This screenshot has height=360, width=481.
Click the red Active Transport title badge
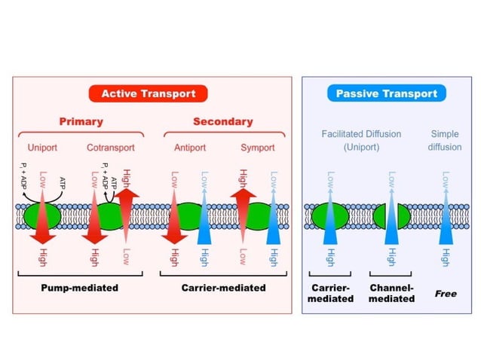[x=149, y=94]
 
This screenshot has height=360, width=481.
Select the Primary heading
[x=81, y=121]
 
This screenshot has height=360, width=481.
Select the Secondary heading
[x=223, y=121]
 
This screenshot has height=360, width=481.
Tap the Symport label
[x=257, y=148]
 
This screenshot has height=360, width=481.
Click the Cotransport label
[x=111, y=148]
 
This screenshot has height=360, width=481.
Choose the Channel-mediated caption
[x=392, y=293]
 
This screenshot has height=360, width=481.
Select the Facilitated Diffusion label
[x=361, y=140]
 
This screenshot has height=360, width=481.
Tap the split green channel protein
[x=392, y=215]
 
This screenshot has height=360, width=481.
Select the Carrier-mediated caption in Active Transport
[x=223, y=287]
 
